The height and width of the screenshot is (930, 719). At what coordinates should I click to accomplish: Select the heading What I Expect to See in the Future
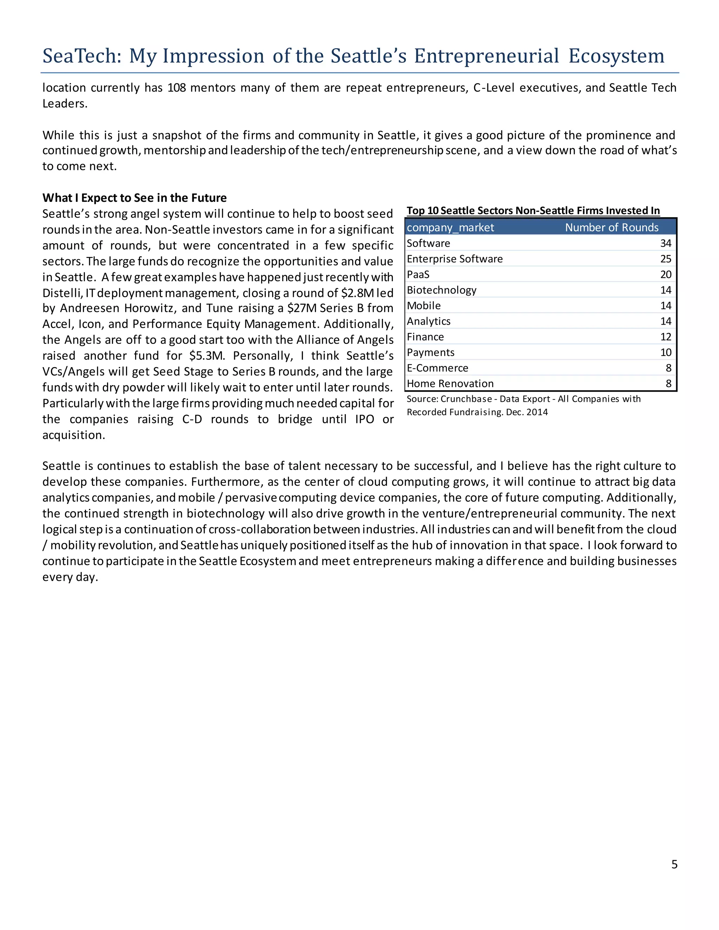(134, 198)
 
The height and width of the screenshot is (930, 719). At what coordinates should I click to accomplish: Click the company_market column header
(450, 227)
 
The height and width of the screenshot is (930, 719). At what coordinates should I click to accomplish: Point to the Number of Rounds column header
(612, 227)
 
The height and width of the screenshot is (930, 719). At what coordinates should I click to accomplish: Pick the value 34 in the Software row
(665, 243)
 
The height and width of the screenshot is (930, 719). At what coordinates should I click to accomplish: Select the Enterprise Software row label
(455, 259)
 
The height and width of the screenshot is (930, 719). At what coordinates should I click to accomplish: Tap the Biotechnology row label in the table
(441, 290)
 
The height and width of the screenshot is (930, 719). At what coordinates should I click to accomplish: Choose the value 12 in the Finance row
(665, 337)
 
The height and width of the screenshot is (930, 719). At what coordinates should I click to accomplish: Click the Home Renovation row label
(450, 384)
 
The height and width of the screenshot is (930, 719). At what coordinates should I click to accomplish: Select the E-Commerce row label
(437, 368)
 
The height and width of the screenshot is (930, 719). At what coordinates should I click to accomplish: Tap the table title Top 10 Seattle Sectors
(533, 211)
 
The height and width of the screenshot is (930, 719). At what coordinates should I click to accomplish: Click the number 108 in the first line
(177, 88)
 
